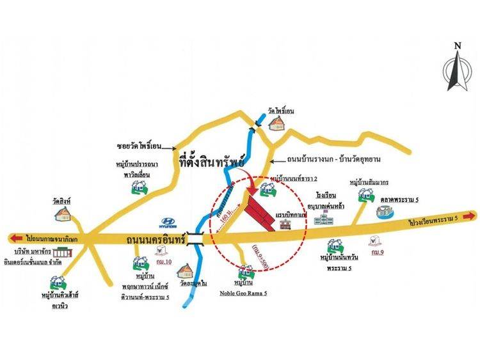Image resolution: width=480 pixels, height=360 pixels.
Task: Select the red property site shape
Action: [x=261, y=211]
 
